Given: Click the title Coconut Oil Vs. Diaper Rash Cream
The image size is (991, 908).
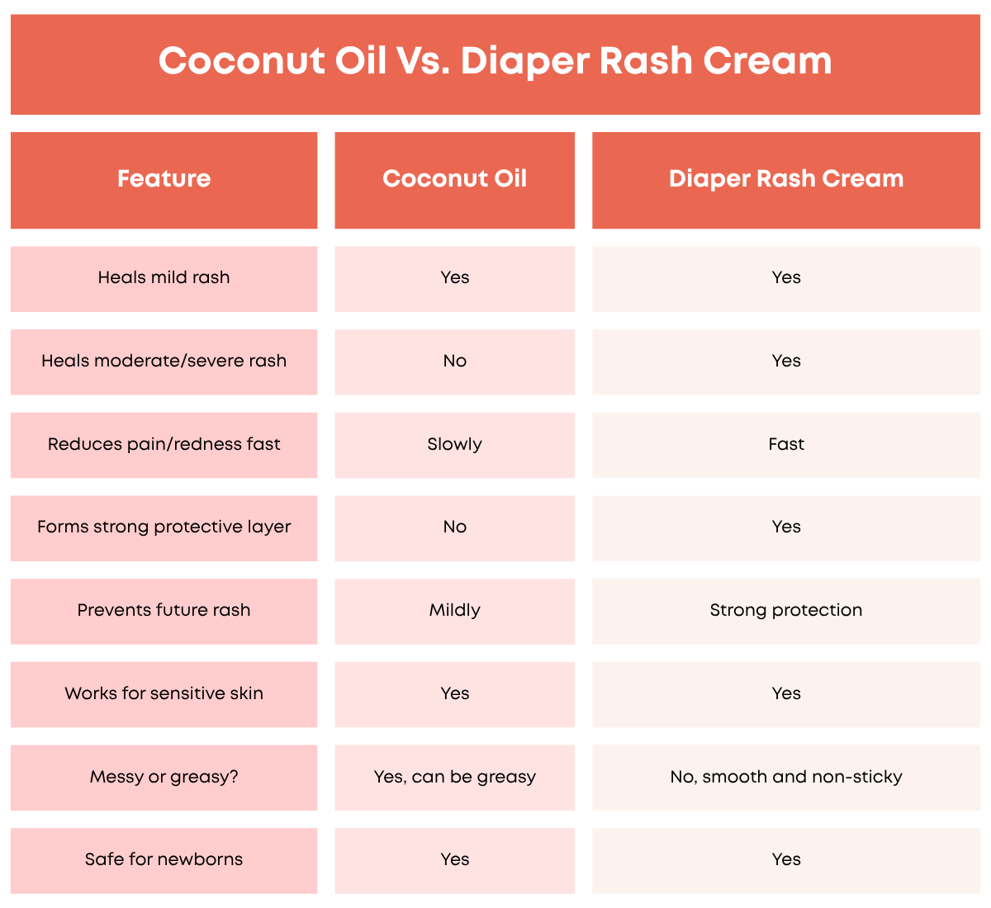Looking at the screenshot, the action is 495,61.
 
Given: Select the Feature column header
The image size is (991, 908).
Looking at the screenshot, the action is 164,178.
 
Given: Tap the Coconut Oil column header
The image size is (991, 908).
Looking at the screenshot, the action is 454,178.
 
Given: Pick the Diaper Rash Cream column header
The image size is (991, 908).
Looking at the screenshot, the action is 786,179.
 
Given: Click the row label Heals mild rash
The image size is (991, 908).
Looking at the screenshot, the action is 164,277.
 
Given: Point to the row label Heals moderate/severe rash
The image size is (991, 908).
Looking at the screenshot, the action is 164,361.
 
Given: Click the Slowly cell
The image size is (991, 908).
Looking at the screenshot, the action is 454,444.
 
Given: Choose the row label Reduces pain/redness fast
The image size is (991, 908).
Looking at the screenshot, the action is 164,444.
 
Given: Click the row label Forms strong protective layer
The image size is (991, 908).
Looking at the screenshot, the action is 164,527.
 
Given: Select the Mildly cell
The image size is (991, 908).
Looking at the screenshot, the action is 454,610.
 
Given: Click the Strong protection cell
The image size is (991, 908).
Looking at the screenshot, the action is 786,610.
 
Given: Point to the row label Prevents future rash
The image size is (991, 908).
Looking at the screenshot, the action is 164,610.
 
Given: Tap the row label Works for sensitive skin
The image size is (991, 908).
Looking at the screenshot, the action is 164,693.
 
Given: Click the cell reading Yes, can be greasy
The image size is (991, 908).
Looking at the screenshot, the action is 454,777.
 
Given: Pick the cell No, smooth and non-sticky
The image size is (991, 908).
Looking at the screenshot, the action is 786,777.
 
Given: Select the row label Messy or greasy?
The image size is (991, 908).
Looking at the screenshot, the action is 164,777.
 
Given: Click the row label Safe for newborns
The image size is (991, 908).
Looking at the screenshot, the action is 164,859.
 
